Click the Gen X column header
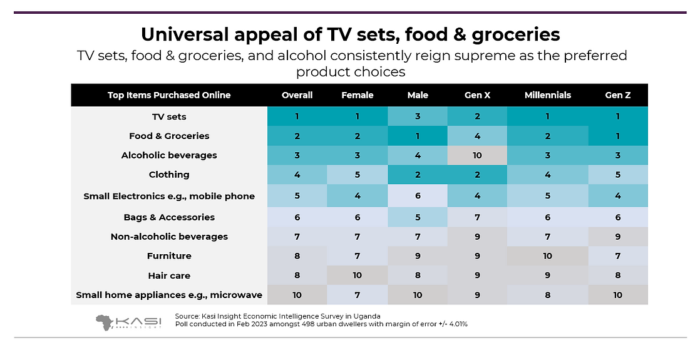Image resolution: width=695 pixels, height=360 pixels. click(477, 95)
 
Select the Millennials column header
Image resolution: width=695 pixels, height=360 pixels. click(547, 95)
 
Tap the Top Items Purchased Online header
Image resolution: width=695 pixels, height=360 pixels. click(169, 95)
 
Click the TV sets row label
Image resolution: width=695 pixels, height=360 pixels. click(169, 116)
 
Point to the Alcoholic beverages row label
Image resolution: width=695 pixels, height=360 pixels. click(169, 155)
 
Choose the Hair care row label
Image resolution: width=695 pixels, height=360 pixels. click(169, 275)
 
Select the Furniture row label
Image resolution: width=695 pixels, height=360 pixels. click(169, 256)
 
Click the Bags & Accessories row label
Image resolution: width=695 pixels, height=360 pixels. click(169, 217)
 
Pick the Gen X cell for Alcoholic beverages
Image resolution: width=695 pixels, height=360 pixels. click(477, 155)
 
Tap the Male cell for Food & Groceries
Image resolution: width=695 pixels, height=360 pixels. click(418, 136)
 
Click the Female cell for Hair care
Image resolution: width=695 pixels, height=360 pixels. click(358, 275)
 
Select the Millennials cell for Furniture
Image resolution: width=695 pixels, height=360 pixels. click(547, 256)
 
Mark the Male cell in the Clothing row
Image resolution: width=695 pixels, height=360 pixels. click(418, 175)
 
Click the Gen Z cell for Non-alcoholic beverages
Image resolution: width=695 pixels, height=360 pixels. click(618, 237)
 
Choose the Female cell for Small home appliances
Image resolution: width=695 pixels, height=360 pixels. click(358, 295)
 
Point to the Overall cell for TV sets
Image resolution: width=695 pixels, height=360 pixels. click(297, 116)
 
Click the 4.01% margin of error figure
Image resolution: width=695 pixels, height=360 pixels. click(455, 324)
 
